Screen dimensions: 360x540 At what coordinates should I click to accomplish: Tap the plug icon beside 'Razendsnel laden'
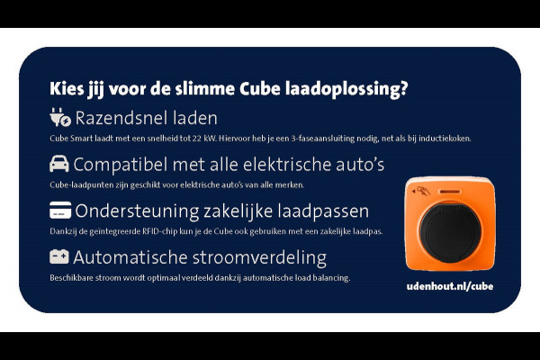(x=59, y=118)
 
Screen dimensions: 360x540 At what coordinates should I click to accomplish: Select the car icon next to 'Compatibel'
(x=59, y=164)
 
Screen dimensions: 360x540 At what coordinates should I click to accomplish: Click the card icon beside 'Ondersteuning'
(x=59, y=211)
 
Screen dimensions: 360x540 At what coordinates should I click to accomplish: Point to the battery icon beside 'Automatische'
(x=59, y=256)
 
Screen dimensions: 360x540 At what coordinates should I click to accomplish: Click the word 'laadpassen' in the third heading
(x=322, y=211)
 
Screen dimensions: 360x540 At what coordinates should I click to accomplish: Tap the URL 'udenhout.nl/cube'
(x=450, y=285)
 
